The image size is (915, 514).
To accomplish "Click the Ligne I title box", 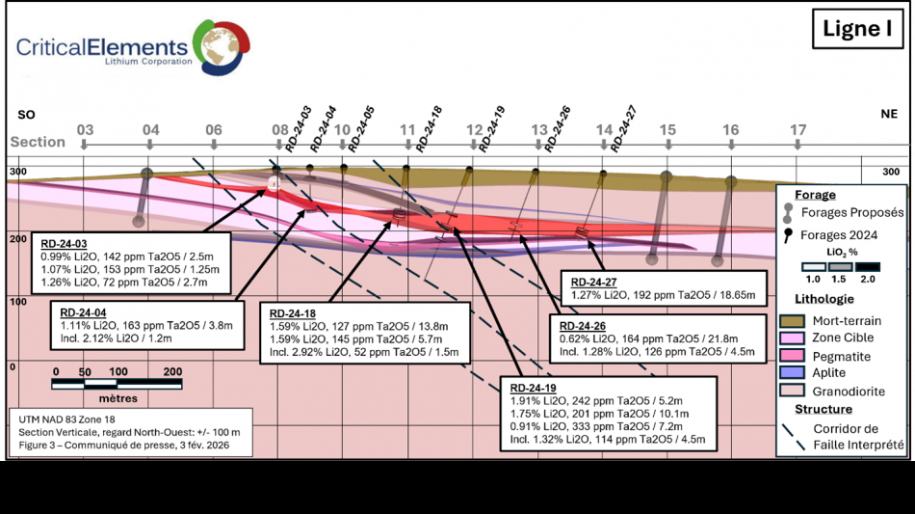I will click(856, 30).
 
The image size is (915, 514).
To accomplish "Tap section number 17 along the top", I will click(797, 130).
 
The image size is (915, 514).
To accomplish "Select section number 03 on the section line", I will click(85, 130).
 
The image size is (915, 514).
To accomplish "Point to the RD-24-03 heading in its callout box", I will click(61, 244).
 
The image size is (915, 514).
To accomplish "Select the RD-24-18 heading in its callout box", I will click(292, 313).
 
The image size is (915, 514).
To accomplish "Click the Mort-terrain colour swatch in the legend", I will click(793, 321).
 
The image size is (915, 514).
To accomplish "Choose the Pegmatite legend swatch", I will click(793, 356).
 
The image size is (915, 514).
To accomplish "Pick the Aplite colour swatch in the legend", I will click(793, 373).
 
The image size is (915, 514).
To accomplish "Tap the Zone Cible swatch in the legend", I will click(793, 338).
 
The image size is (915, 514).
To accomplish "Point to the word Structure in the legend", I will click(824, 410).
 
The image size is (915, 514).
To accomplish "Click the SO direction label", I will click(27, 115).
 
